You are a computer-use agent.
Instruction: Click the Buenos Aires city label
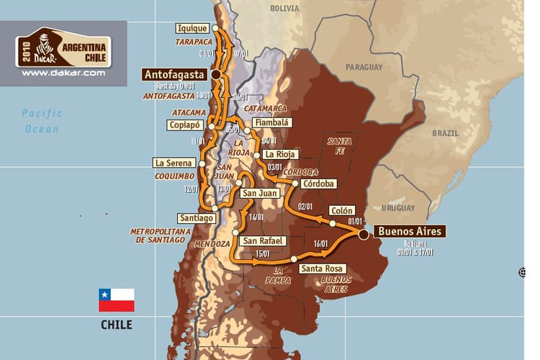[410, 232]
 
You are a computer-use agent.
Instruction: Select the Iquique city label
[192, 29]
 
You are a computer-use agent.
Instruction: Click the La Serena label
[174, 163]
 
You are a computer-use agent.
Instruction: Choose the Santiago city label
[196, 217]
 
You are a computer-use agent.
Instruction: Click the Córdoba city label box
[320, 184]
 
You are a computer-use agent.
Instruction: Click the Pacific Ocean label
[42, 121]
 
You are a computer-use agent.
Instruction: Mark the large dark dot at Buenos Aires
[364, 234]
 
